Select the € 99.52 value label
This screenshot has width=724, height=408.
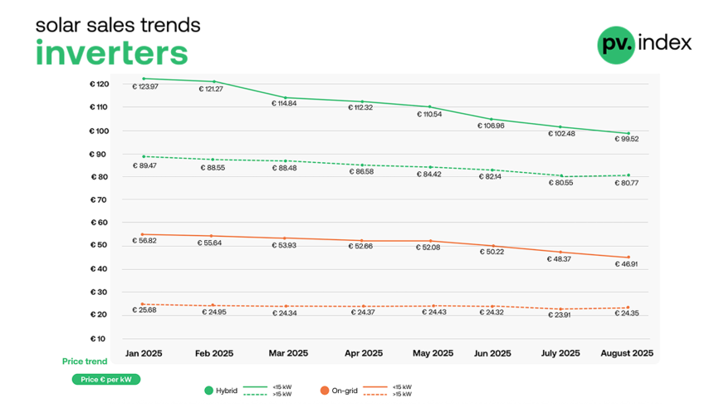point(625,139)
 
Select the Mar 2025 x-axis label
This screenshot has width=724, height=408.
point(288,353)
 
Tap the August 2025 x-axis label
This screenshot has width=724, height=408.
point(627,353)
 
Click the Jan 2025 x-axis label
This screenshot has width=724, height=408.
point(144,353)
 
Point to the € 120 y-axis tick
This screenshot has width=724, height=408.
point(99,85)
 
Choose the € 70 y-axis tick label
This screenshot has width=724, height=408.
point(100,199)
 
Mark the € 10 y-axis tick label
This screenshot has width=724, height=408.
point(100,338)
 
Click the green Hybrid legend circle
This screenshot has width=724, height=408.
point(208,390)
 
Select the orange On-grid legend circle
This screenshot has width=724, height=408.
point(324,390)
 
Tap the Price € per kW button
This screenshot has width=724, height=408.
point(106,379)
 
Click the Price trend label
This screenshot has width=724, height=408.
point(85,361)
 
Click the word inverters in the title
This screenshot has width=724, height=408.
point(111,52)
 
